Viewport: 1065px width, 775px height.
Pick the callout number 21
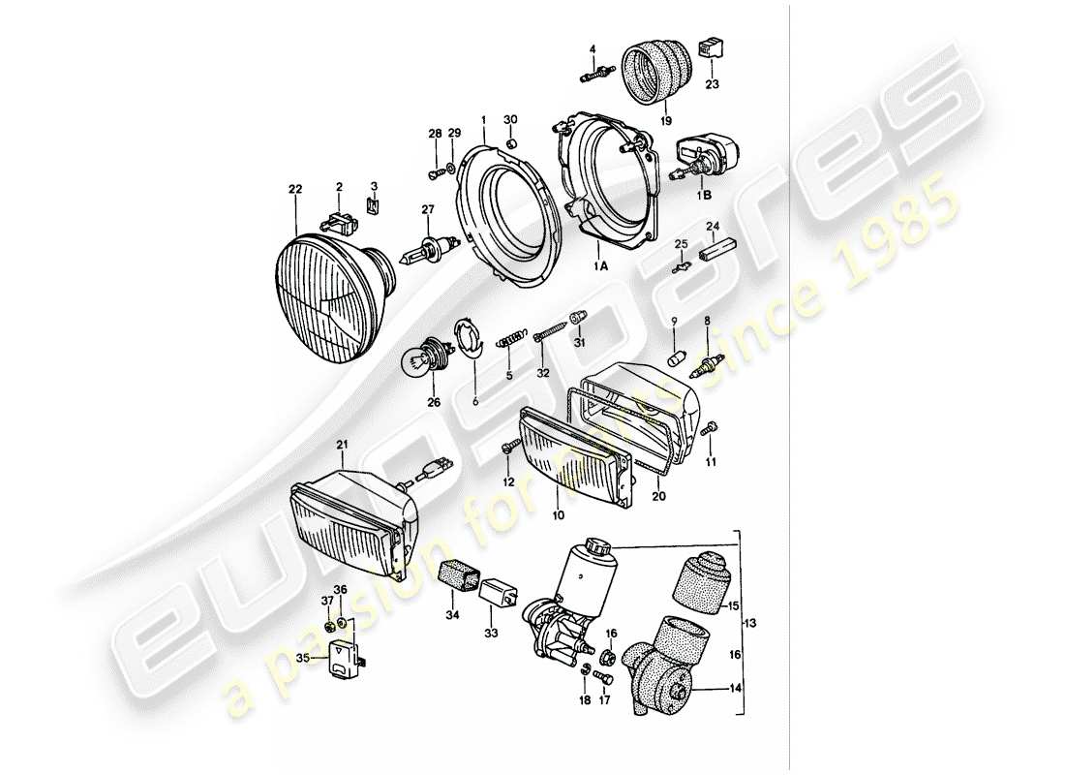pyautogui.click(x=341, y=444)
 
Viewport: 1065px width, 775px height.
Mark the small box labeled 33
pyautogui.click(x=502, y=589)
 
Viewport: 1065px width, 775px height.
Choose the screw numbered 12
pyautogui.click(x=508, y=447)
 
